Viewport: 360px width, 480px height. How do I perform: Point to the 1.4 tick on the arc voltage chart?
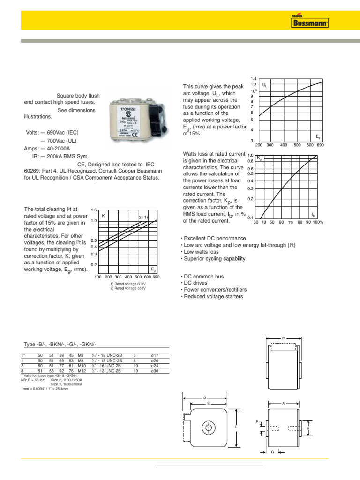(254, 78)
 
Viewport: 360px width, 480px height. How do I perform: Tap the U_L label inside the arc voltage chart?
(265, 86)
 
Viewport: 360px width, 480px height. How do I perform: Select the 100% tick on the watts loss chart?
(318, 222)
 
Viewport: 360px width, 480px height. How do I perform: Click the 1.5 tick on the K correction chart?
(94, 210)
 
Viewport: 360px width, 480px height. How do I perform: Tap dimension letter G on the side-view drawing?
(272, 452)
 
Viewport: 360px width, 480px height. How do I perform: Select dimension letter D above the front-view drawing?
(205, 398)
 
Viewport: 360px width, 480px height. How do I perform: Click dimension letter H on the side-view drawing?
(308, 428)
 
